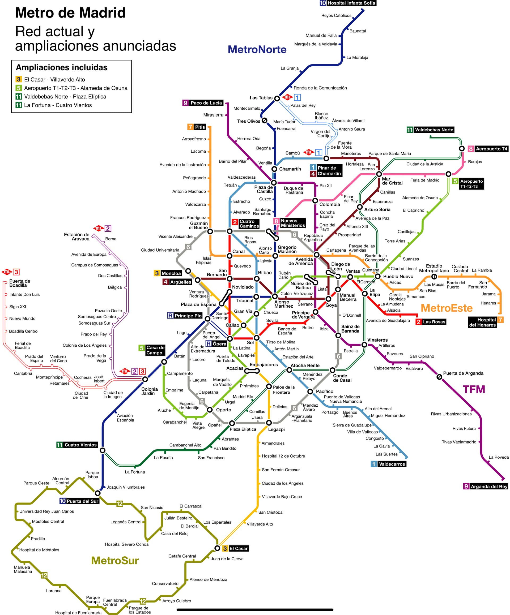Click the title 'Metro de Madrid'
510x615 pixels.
[x=70, y=13]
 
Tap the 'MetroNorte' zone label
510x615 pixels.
[x=257, y=49]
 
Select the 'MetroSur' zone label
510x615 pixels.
[x=115, y=560]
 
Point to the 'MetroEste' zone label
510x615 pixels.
[x=447, y=308]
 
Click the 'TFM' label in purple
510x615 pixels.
[x=474, y=389]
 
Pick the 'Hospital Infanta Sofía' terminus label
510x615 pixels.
[x=351, y=3]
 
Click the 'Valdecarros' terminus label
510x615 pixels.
[x=392, y=464]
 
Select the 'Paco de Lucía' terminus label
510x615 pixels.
[x=206, y=103]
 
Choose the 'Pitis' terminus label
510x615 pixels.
[x=200, y=127]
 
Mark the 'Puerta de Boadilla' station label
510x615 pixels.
[x=20, y=283]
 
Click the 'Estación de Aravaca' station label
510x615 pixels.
[x=76, y=236]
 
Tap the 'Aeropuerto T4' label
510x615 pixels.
[x=491, y=149]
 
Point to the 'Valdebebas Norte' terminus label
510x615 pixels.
[x=434, y=130]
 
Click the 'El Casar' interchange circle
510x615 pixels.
[x=217, y=548]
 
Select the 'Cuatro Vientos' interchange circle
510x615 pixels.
[x=103, y=450]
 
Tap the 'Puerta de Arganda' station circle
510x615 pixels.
[x=439, y=377]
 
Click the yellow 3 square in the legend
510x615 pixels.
[x=19, y=79]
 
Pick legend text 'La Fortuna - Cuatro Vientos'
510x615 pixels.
[x=58, y=105]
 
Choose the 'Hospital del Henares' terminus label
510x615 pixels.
[x=482, y=322]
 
